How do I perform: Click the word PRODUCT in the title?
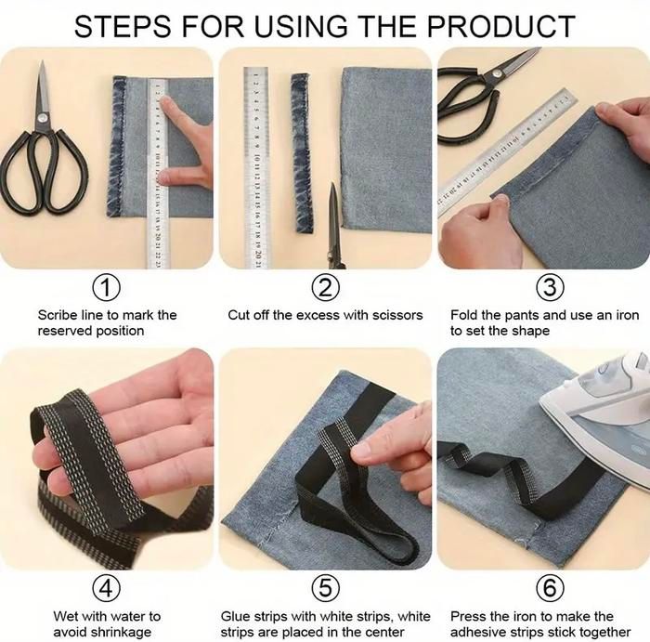tap(500, 27)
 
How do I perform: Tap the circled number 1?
tap(107, 287)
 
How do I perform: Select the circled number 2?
tap(325, 287)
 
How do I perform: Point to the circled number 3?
tap(550, 287)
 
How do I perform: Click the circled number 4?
tap(107, 588)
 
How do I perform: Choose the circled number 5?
tap(325, 588)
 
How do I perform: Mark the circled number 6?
tap(550, 588)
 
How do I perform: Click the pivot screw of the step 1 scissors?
tap(42, 118)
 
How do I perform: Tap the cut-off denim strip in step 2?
tap(302, 152)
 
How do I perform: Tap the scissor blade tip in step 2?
tap(332, 185)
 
